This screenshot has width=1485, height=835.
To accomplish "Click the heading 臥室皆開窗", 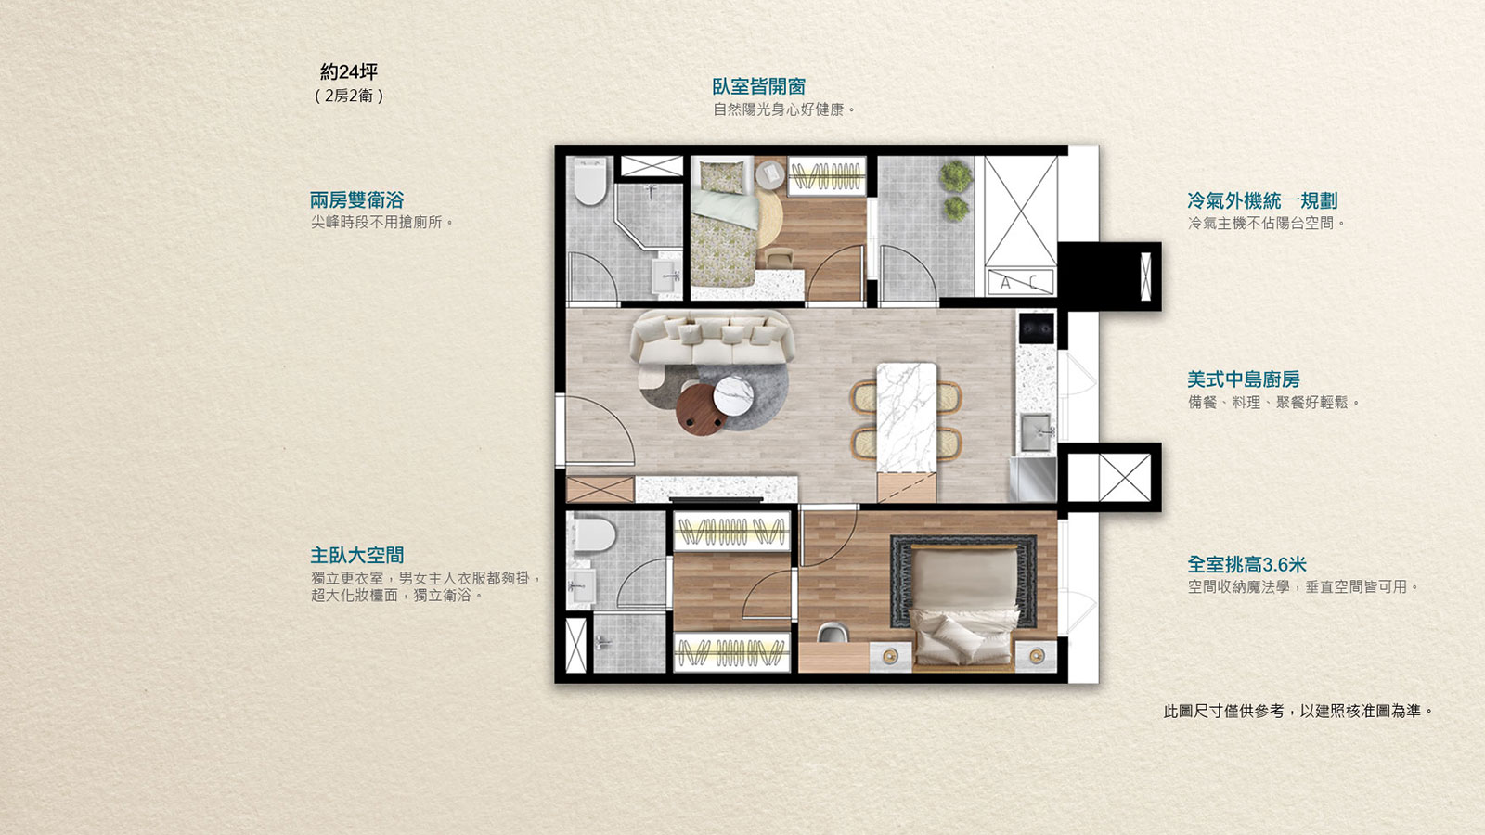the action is tap(758, 87).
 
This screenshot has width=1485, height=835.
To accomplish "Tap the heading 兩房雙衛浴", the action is tap(356, 200).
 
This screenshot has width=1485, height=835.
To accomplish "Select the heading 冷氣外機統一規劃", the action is tap(1262, 200).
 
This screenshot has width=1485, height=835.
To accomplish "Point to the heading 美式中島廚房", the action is tap(1243, 379).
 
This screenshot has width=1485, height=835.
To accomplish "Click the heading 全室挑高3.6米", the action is tap(1246, 565).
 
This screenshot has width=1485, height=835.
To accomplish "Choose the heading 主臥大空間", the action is tap(356, 556).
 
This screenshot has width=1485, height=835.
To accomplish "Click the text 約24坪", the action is tap(349, 71).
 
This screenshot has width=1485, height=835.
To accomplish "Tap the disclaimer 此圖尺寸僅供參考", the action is tap(1224, 711).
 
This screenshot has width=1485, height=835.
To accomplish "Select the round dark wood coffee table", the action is tap(701, 409).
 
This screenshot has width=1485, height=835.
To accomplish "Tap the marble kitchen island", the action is tap(906, 417).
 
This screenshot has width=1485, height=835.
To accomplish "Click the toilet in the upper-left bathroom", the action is tap(590, 180).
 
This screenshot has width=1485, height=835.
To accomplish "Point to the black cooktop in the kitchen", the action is tap(1036, 328).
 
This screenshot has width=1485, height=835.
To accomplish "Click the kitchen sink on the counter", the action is tap(1036, 431).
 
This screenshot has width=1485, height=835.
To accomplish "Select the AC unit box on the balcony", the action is tap(1020, 282).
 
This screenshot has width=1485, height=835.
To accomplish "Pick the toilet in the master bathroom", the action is tap(594, 534).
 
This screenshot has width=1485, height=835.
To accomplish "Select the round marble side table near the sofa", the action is tap(733, 395).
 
